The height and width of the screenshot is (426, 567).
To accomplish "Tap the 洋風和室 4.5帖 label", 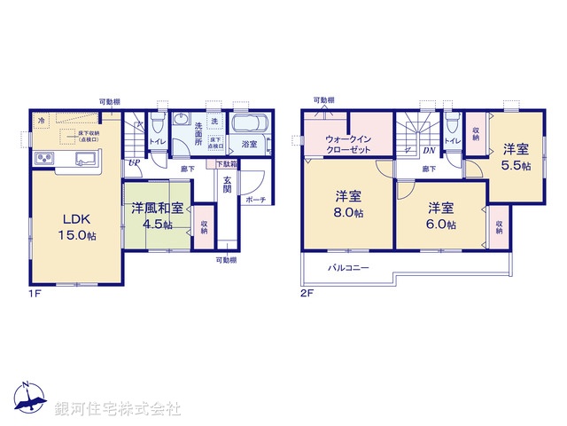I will (x=158, y=217).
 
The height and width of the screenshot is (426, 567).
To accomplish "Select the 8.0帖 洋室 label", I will (x=349, y=204).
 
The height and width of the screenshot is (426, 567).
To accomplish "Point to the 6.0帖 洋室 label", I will (x=441, y=216).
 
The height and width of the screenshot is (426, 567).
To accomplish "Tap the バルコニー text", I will (x=348, y=267).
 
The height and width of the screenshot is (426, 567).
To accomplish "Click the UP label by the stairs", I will (x=134, y=163).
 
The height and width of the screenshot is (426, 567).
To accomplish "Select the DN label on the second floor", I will (x=428, y=152).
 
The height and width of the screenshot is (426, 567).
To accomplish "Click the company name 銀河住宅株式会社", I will (x=118, y=409).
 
